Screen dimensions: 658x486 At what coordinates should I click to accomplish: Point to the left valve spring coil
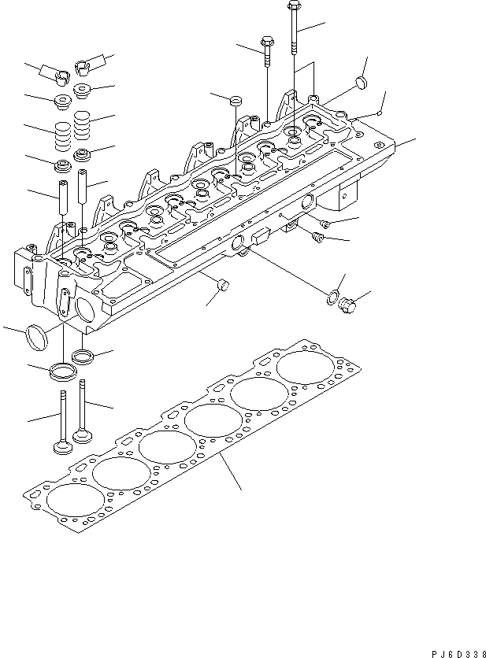62,132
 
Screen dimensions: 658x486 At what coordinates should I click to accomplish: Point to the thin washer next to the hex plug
332,298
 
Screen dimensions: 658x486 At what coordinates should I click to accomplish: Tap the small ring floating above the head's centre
234,100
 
